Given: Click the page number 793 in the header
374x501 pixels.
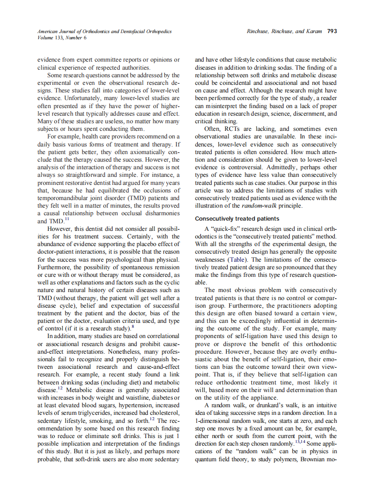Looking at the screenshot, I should (332, 31).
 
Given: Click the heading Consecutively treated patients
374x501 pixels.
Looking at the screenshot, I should (237, 218).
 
